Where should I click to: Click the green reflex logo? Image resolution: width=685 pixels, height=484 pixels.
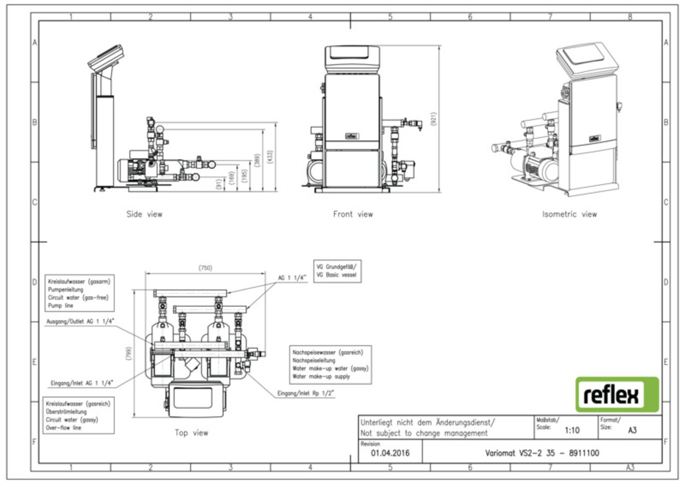(x=617, y=394)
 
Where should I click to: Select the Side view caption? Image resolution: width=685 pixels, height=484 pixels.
(x=144, y=214)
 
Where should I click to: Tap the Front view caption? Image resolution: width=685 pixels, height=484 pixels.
(x=353, y=214)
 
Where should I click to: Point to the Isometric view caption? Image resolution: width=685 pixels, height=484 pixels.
(x=569, y=214)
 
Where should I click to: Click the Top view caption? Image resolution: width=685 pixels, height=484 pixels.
(x=191, y=432)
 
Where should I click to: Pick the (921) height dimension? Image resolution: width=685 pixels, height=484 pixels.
(x=433, y=119)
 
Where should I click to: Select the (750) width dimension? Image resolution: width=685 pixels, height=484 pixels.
(x=205, y=268)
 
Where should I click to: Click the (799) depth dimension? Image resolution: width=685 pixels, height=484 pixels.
(x=129, y=353)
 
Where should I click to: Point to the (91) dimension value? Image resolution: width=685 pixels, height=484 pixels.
(x=219, y=184)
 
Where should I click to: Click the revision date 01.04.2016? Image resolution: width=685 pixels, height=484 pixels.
(x=390, y=453)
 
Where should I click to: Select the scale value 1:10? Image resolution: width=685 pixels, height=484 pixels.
(x=572, y=430)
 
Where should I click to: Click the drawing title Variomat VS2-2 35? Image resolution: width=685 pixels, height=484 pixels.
(x=542, y=453)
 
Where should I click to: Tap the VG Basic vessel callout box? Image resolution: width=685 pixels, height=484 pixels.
(x=337, y=271)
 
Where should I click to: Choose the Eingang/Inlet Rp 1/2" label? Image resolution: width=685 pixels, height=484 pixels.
(x=306, y=393)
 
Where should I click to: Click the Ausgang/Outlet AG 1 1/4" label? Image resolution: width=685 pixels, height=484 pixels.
(x=80, y=322)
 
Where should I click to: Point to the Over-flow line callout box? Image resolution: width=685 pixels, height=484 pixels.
(x=78, y=415)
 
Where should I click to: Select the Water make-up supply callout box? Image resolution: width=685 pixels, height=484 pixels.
(x=330, y=364)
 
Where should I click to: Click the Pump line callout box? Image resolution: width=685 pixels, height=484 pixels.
(x=79, y=293)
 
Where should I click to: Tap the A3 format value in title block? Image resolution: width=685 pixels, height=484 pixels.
(x=632, y=430)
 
